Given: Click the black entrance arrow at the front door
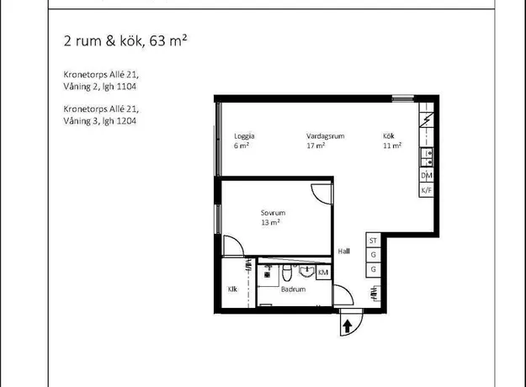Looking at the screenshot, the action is tap(348, 326).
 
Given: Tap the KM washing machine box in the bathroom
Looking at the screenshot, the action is tap(323, 272).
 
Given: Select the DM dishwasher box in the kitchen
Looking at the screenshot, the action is tap(427, 175).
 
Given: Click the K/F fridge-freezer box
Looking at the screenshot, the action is tap(427, 190).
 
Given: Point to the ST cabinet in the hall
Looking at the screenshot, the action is tap(373, 241).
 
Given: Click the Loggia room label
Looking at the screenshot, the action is tap(244, 136).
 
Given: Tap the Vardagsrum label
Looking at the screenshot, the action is tap(325, 136).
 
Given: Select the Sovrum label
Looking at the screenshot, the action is tap(273, 213).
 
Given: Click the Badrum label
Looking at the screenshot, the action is tap(293, 289).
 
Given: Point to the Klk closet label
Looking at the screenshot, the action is tap(232, 289).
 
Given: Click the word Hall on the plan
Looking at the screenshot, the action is tap(344, 252).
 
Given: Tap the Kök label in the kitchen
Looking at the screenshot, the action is tap(389, 135).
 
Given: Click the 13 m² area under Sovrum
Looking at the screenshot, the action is tap(270, 222).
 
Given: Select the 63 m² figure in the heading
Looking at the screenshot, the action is tap(167, 40).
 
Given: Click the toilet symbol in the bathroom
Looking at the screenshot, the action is tap(286, 273).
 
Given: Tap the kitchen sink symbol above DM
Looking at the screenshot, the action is tap(427, 157).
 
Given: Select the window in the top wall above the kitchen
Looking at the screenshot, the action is tap(403, 98).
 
